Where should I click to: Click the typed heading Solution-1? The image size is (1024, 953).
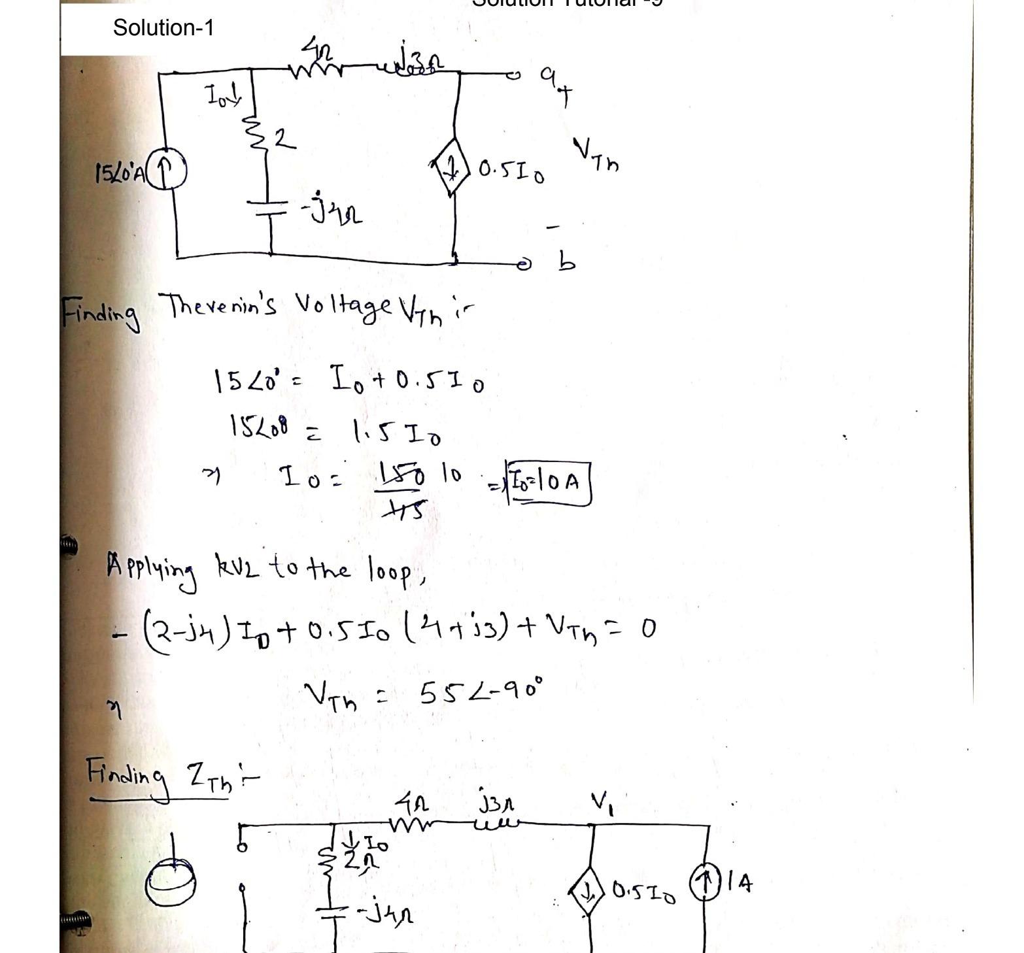pyautogui.click(x=163, y=27)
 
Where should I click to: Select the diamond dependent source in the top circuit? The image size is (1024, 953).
pyautogui.click(x=451, y=171)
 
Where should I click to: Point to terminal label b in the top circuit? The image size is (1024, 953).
pyautogui.click(x=566, y=261)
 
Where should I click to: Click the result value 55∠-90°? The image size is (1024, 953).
pyautogui.click(x=480, y=692)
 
